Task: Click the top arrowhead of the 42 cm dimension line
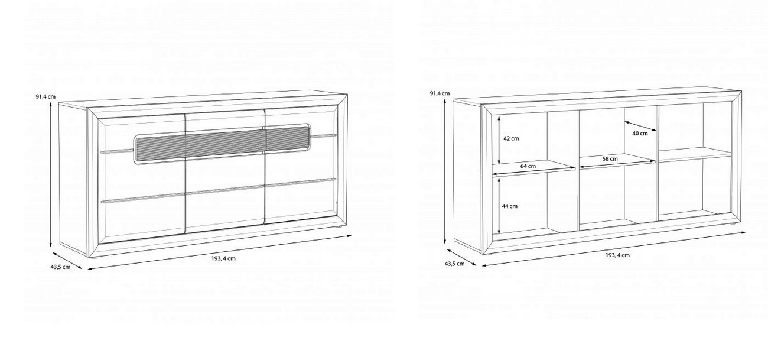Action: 499,116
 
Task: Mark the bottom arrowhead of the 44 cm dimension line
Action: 499,233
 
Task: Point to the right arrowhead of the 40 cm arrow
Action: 656,131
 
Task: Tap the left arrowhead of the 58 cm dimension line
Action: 580,168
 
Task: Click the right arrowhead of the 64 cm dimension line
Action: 575,168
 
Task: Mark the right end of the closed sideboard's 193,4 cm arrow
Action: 352,235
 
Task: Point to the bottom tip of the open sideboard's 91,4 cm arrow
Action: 445,242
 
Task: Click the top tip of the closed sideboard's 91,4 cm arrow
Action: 51,103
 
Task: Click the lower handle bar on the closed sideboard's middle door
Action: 225,190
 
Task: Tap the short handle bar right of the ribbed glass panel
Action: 324,136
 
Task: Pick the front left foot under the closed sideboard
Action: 94,257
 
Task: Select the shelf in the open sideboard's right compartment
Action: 695,154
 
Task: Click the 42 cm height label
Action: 511,139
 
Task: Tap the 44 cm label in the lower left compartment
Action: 509,206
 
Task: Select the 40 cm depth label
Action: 640,134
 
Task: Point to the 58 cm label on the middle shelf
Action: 610,159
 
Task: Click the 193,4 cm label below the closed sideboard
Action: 223,258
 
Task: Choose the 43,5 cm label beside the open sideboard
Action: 455,264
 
